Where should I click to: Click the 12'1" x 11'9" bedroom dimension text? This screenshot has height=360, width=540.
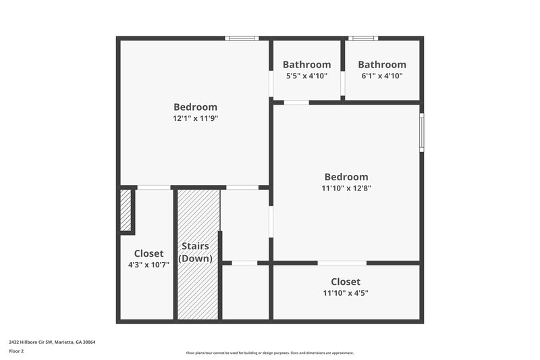(x=195, y=118)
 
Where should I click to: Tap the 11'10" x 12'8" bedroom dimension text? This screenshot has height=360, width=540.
(x=346, y=188)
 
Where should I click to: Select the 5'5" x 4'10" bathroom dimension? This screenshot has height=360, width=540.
(x=306, y=76)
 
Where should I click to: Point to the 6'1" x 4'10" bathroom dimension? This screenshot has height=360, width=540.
(x=382, y=76)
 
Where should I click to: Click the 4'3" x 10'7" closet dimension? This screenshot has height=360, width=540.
(x=148, y=265)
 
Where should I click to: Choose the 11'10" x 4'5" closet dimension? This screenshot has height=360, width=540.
(x=346, y=292)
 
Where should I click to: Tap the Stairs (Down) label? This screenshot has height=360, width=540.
(x=195, y=252)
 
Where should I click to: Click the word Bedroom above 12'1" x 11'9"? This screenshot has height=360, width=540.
(x=195, y=107)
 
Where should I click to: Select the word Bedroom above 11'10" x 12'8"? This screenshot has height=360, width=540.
(x=346, y=177)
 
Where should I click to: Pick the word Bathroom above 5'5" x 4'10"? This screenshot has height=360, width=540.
(x=306, y=65)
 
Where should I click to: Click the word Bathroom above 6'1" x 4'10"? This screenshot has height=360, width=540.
(x=382, y=65)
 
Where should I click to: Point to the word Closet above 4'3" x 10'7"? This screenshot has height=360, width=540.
(x=148, y=253)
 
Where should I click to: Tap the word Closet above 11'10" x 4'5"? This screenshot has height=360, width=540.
(x=346, y=281)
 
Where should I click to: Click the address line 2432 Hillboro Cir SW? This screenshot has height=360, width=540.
(x=52, y=342)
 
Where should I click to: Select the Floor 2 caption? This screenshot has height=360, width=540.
(x=16, y=351)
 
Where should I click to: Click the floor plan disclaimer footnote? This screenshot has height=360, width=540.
(x=269, y=353)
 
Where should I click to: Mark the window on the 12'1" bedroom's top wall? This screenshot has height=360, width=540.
(x=242, y=38)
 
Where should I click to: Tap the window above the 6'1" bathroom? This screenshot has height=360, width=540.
(x=362, y=38)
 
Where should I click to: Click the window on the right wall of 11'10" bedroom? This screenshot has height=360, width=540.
(x=421, y=132)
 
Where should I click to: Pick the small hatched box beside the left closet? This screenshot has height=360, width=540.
(x=126, y=211)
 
